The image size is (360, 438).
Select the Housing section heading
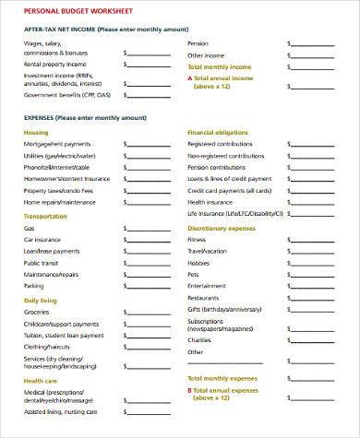point(38,132)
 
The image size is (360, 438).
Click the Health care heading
point(41,381)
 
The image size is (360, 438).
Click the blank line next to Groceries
point(147,313)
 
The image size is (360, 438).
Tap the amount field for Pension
point(315,43)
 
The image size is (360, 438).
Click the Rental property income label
point(55,65)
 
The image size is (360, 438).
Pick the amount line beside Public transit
point(147,263)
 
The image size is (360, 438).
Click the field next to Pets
point(315,275)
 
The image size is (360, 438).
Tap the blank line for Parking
point(147,287)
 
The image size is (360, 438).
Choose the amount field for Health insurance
point(315,202)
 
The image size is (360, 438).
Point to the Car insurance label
point(42,240)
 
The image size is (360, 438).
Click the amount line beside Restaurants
point(315,298)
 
